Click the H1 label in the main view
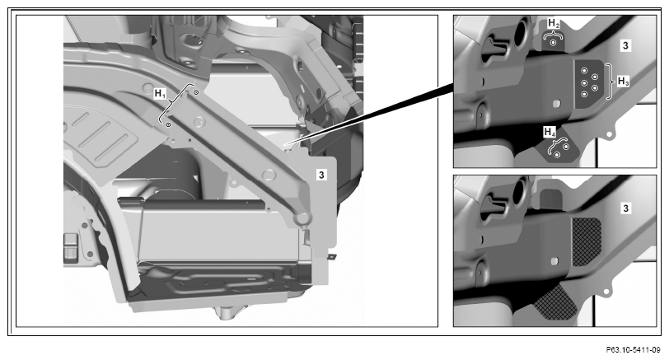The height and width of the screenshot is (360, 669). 160,93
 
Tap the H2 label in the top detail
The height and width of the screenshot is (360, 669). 554,23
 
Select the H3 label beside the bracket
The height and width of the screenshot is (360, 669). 624,81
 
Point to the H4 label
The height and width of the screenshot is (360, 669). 550,133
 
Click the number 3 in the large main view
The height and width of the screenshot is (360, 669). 321,175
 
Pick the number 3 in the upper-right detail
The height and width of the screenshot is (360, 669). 625,45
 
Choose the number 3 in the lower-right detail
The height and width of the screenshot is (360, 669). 625,208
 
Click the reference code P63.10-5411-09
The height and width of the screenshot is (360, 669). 633,350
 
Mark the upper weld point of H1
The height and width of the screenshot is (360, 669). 196,92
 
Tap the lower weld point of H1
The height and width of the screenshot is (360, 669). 168,124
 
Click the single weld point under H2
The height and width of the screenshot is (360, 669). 554,43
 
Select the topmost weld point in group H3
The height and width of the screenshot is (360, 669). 584,70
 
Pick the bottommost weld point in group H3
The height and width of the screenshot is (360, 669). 584,94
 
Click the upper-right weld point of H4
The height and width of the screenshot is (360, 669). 566,147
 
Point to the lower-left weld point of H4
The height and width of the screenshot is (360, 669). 557,155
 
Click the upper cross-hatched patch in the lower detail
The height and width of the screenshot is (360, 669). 587,241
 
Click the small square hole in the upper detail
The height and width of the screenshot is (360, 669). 556,104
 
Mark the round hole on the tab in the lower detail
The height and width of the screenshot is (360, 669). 606,292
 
